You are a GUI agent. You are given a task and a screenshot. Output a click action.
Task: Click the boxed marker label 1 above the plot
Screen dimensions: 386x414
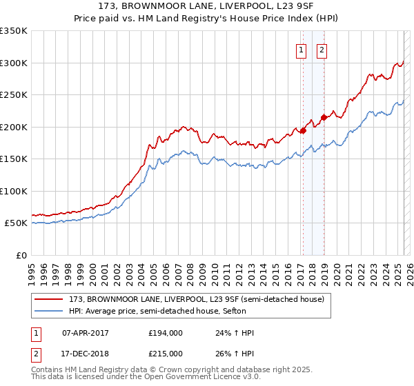tap(302, 49)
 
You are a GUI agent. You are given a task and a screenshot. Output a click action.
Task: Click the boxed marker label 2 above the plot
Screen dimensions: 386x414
tap(322, 49)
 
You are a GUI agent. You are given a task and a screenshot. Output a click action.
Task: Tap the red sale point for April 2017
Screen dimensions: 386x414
tap(302, 131)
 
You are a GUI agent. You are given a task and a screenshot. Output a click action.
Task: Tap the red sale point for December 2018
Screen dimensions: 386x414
tap(323, 117)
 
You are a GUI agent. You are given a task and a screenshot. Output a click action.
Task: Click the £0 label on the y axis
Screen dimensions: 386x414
tap(21, 255)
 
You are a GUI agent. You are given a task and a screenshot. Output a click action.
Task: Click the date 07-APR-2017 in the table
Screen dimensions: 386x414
tap(86, 333)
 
